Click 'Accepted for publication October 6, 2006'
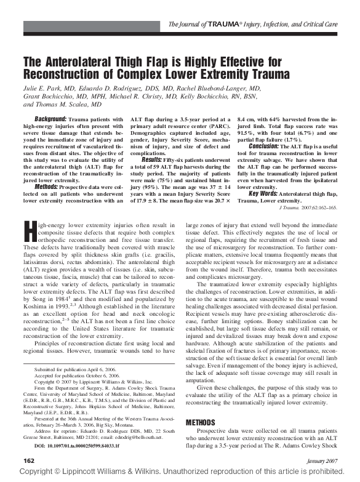77,376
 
